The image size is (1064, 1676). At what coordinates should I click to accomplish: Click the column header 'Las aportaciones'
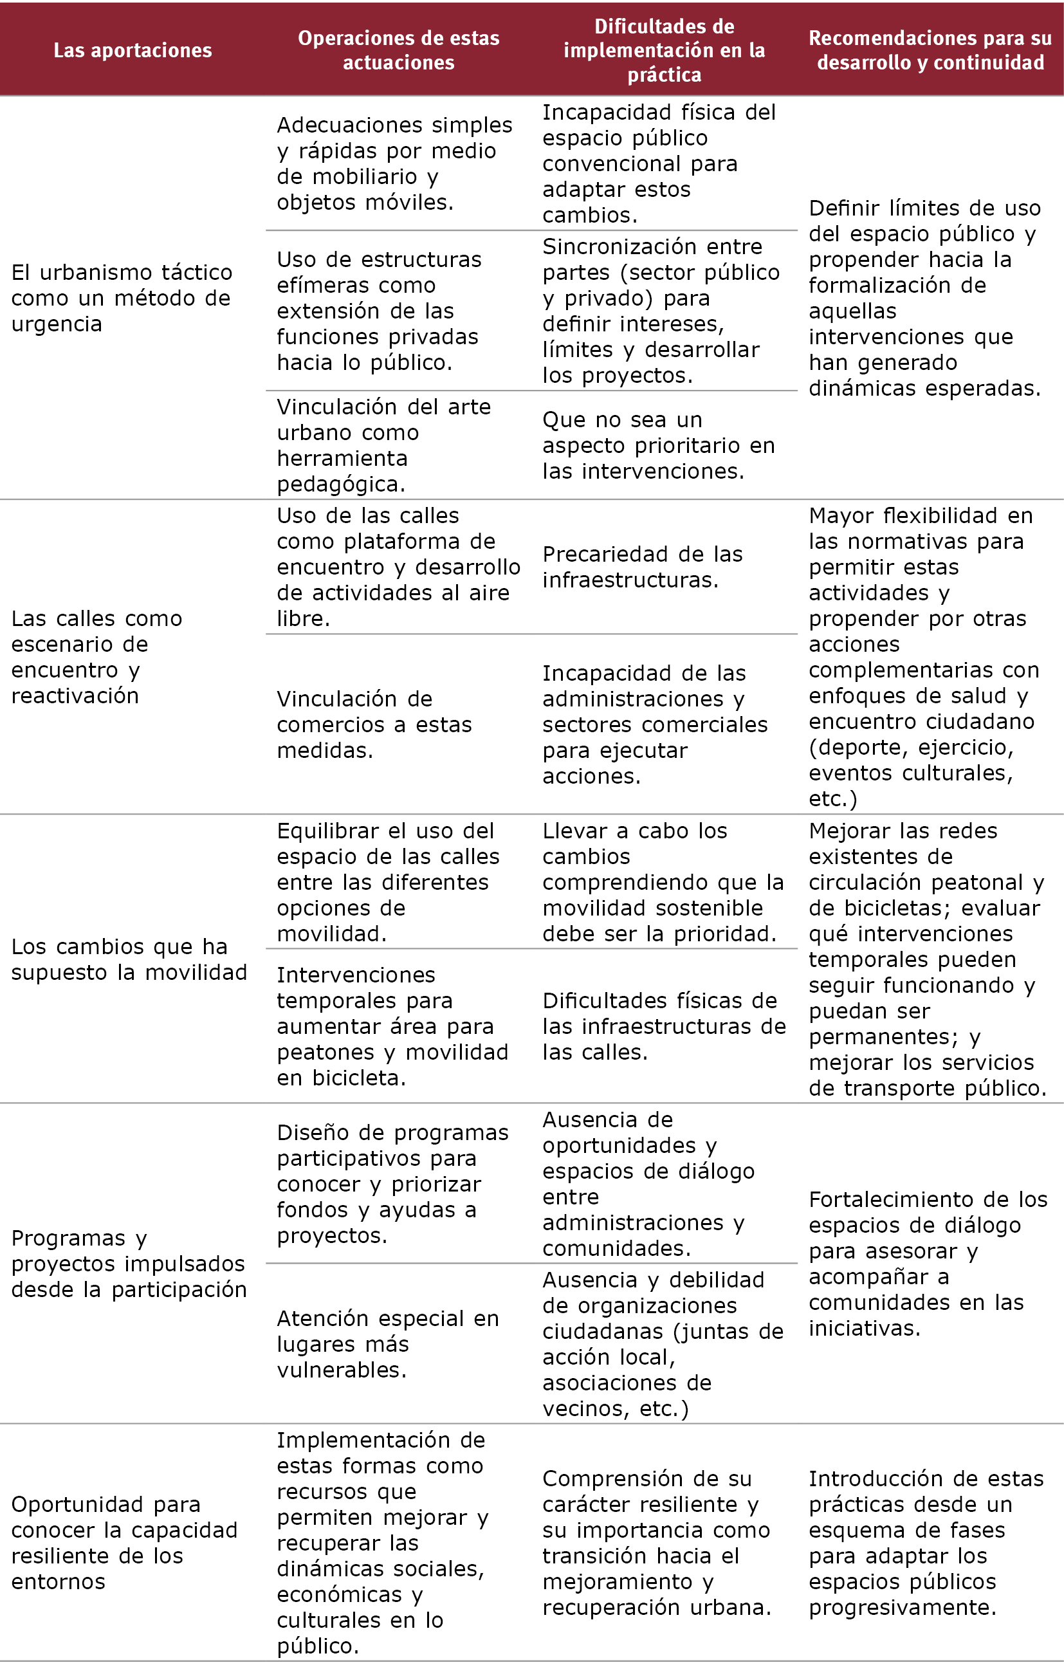[x=133, y=50]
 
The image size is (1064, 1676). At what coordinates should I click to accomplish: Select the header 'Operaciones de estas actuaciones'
[x=398, y=50]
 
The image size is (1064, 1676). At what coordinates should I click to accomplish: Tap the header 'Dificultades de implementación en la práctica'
[x=664, y=50]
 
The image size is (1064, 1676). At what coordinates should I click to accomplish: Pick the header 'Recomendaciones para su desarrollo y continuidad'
[x=930, y=50]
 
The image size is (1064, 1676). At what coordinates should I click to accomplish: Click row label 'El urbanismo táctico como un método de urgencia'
[x=122, y=298]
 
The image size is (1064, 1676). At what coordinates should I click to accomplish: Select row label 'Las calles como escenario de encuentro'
[x=97, y=656]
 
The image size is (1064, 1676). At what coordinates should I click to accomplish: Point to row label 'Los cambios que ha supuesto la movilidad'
[x=129, y=959]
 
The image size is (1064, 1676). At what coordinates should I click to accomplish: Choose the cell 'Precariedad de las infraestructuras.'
[x=642, y=567]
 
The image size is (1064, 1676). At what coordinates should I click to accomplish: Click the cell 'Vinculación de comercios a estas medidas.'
[x=374, y=724]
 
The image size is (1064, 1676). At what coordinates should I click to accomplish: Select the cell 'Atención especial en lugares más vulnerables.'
[x=388, y=1343]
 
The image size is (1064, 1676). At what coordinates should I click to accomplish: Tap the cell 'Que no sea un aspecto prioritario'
[x=657, y=445]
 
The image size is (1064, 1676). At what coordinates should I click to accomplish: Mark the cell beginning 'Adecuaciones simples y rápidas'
[x=394, y=163]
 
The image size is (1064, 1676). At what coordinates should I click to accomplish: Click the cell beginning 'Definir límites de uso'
[x=924, y=298]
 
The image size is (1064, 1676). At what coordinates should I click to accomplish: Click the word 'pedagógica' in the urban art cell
[x=340, y=484]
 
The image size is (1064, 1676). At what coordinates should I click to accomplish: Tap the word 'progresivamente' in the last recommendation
[x=902, y=1607]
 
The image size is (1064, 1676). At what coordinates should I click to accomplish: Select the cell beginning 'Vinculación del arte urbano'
[x=383, y=445]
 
